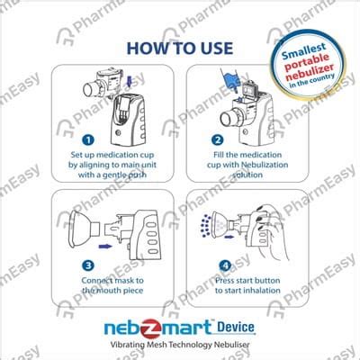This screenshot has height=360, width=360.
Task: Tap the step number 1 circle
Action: click(86, 140)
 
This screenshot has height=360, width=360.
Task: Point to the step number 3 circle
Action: click(86, 265)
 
